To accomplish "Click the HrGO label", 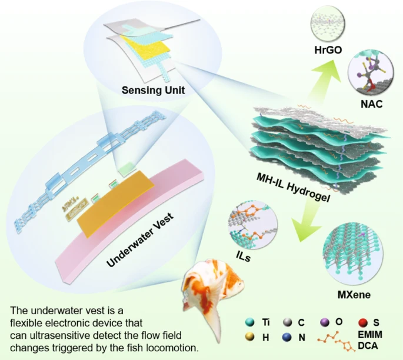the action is pos(328,50).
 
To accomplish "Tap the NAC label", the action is pos(372,104).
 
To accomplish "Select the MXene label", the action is pos(354,295).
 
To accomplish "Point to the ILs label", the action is pos(243,256).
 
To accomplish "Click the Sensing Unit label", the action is pos(153,90).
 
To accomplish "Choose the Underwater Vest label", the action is pos(141,240).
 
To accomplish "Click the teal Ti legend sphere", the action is pos(249,322).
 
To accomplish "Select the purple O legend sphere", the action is pos(325,322).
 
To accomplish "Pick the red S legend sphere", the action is pos(362,322).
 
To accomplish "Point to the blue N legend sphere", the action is pos(287,338).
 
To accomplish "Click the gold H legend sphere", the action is pos(249,338).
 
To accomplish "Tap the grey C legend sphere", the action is pos(287,322).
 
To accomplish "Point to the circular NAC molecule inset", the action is pos(371,73).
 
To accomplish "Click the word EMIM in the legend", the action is pos(370,335).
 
